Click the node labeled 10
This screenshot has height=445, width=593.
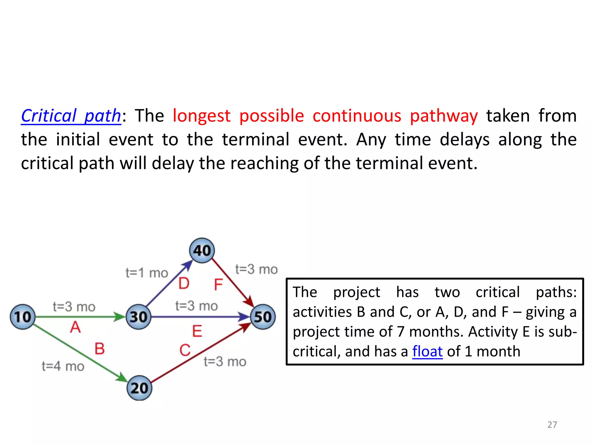[23, 317]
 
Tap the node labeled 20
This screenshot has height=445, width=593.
[139, 388]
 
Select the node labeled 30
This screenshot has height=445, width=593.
[139, 317]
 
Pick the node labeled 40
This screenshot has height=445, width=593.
[202, 251]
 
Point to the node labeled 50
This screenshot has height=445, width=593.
[263, 317]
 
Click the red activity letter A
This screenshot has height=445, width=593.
[75, 327]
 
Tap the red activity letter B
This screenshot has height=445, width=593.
[99, 349]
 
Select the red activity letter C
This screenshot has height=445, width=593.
[185, 350]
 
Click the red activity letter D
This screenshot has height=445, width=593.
[184, 283]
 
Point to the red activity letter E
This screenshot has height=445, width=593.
[197, 331]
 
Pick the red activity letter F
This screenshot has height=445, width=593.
[218, 284]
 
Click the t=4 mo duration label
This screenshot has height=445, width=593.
[63, 366]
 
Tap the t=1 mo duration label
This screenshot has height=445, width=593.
[147, 273]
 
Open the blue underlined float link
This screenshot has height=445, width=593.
[427, 351]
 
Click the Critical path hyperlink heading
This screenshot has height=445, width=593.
[71, 116]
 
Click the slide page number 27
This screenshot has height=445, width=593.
[552, 425]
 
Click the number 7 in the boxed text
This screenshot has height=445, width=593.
[400, 332]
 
